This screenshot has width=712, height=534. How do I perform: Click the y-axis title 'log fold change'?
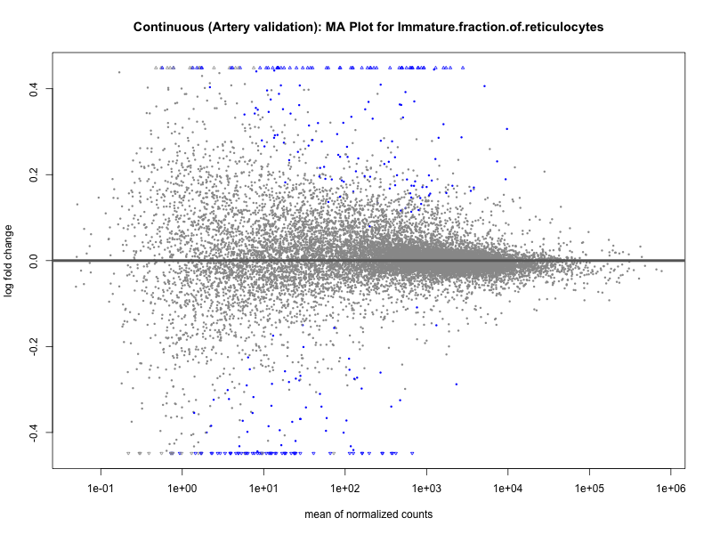(x=11, y=260)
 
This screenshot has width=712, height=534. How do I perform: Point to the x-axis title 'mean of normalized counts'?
(x=368, y=514)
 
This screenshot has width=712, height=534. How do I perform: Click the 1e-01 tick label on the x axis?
(x=101, y=488)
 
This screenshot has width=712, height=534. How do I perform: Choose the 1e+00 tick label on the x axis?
(x=182, y=488)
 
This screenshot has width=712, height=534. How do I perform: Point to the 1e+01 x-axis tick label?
(x=263, y=488)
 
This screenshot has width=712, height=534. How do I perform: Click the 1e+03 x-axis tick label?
(x=426, y=488)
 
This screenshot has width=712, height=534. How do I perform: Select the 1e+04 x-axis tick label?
(x=507, y=488)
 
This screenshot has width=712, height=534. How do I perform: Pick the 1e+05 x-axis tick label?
(x=588, y=488)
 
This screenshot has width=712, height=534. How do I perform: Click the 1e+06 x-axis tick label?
(x=669, y=488)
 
